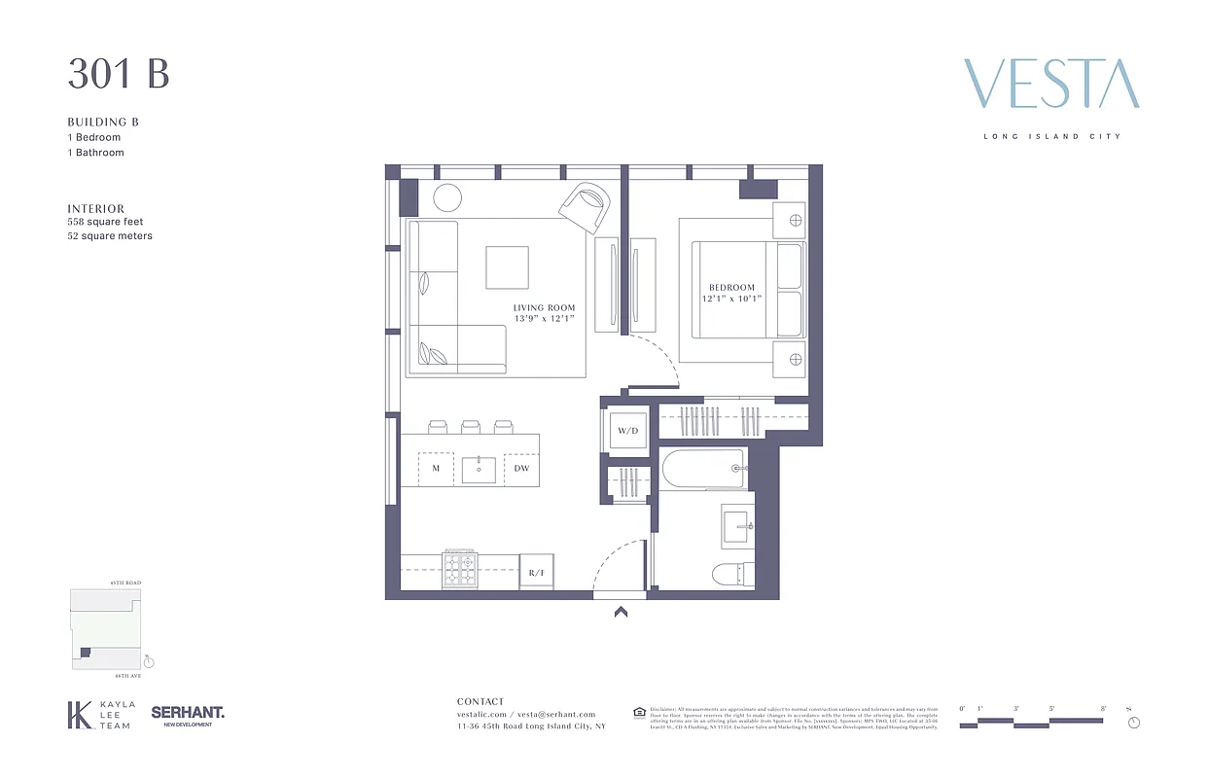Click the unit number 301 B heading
click(x=119, y=75)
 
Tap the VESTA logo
click(x=1050, y=84)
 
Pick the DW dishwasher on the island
click(x=521, y=469)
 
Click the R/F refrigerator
click(x=536, y=573)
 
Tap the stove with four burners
click(x=460, y=569)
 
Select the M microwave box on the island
click(x=436, y=469)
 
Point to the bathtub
click(x=704, y=471)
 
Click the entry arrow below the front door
click(x=621, y=612)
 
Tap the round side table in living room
click(x=447, y=197)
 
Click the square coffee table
click(x=507, y=267)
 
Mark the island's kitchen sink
click(x=479, y=469)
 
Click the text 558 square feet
click(x=105, y=222)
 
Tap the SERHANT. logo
click(x=188, y=714)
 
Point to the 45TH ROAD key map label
click(x=125, y=583)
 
